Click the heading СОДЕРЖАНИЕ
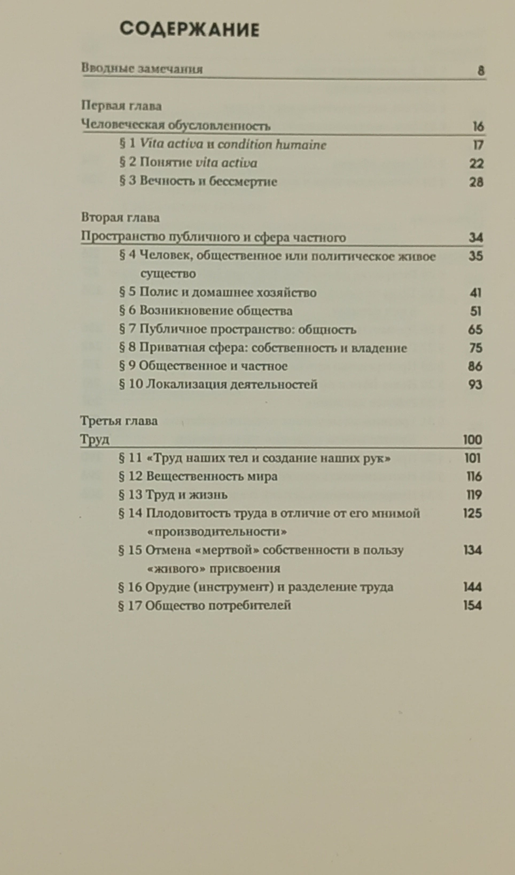(x=189, y=30)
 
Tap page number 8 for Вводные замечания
(x=481, y=71)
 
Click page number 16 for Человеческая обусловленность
(x=478, y=126)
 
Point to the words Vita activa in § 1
(x=171, y=144)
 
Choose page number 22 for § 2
(x=477, y=163)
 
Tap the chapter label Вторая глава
(x=120, y=218)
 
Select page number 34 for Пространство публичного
(x=476, y=238)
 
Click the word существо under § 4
(x=168, y=274)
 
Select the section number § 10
(x=131, y=385)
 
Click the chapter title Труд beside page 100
(x=95, y=440)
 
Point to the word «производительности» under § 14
(x=217, y=532)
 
